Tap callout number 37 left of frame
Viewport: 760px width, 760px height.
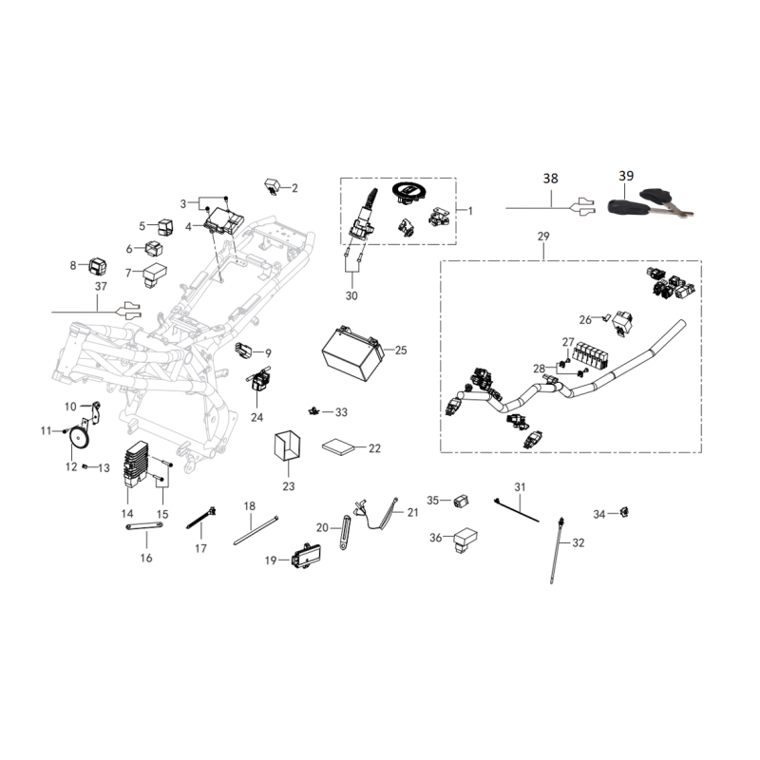[101, 284]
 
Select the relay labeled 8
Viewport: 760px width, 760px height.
[99, 264]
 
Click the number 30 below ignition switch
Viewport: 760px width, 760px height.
[351, 296]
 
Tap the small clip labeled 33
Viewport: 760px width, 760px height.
[312, 411]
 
